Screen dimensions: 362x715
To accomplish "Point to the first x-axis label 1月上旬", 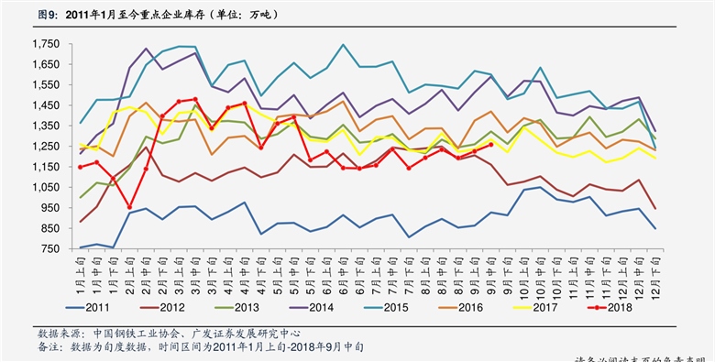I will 81,271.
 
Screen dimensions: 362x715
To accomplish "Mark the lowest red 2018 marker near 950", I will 130,207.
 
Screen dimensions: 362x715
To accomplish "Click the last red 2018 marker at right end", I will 490,144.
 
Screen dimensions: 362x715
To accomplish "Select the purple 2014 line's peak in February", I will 147,49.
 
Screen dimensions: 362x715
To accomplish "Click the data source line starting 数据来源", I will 169,333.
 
